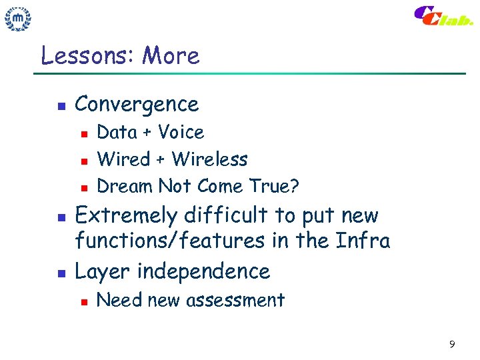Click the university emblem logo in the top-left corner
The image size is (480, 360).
tap(19, 19)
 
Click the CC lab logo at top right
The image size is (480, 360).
tap(443, 16)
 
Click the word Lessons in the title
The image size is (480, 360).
tap(87, 55)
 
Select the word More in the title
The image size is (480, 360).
tap(171, 55)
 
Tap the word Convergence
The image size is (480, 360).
tap(137, 104)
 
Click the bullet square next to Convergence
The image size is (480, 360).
tap(60, 105)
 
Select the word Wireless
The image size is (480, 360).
tap(209, 159)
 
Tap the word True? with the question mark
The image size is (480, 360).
tap(274, 186)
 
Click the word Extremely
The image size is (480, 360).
tap(127, 216)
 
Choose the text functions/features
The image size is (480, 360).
tap(169, 240)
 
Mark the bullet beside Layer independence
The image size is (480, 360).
tap(60, 273)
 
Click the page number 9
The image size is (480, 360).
tap(452, 345)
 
